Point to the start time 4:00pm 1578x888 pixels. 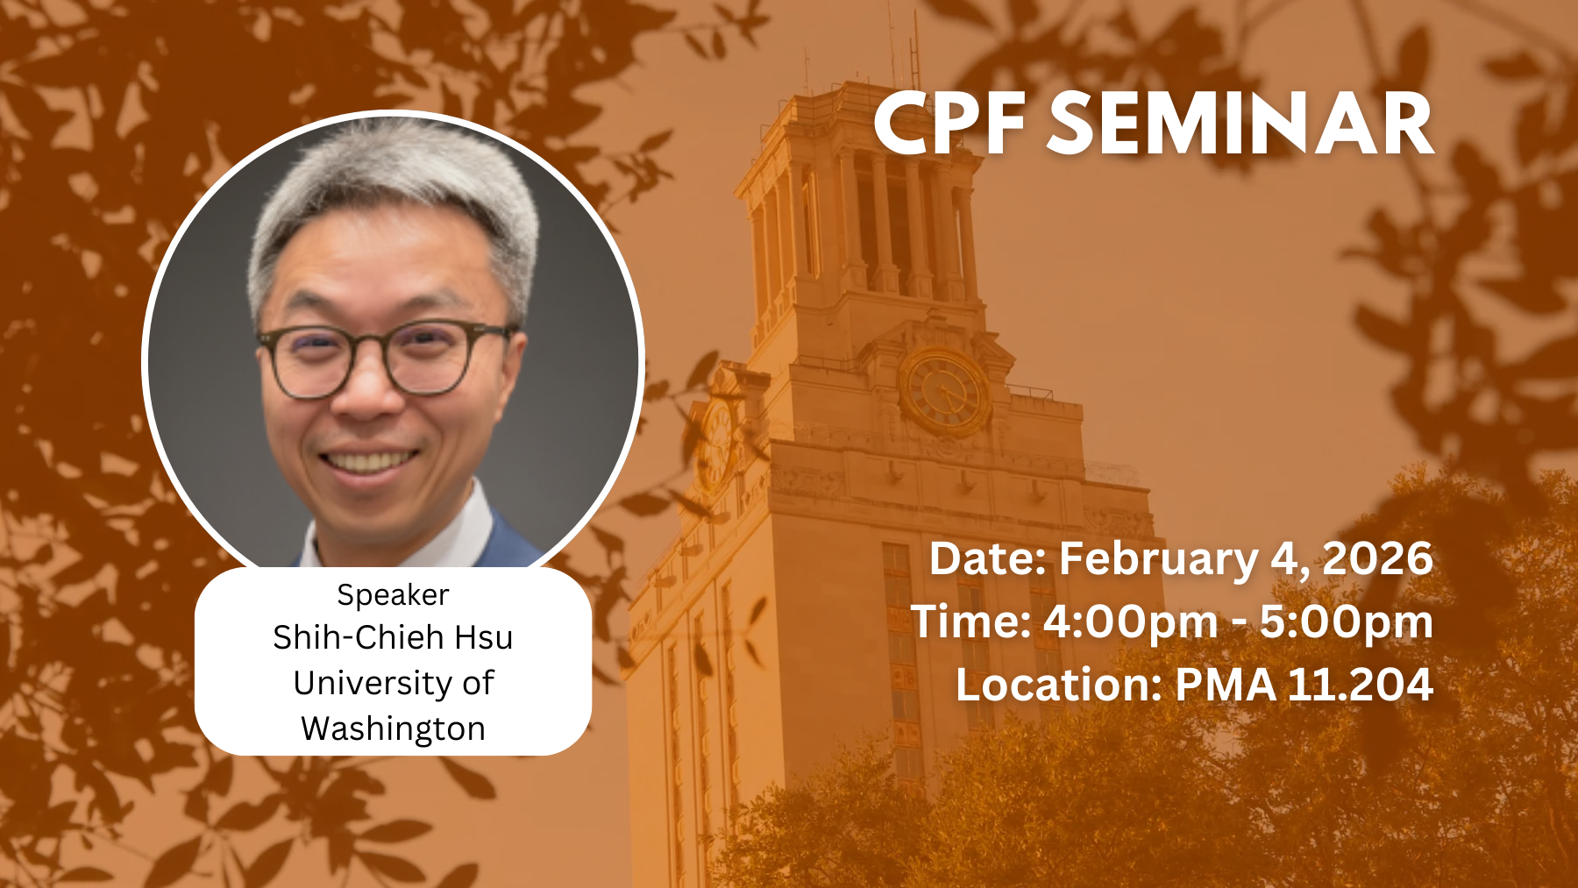pos(1130,622)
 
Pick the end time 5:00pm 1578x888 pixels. pos(1347,622)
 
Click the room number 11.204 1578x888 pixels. pos(1361,685)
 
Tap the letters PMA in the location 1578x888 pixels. pos(1226,685)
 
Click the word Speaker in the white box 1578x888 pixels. pos(393,596)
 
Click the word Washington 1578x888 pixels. pos(393,729)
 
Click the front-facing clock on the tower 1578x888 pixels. pos(944,391)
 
